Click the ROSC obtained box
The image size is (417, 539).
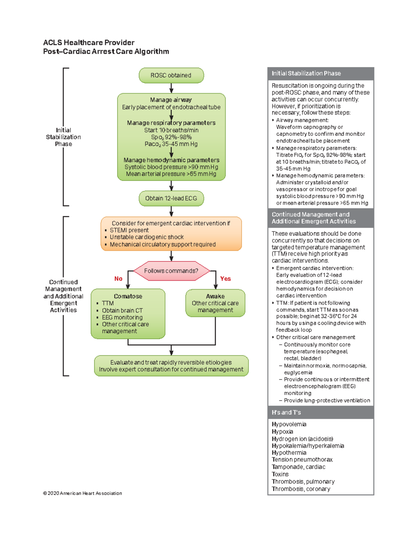tap(171, 75)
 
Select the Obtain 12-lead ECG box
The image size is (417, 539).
tap(171, 199)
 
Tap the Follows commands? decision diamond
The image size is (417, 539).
tap(171, 271)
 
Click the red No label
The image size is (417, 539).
tap(118, 279)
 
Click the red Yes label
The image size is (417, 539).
tap(225, 279)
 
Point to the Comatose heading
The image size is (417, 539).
tap(128, 296)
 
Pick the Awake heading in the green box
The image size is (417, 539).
tap(215, 296)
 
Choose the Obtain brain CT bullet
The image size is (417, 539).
tap(122, 311)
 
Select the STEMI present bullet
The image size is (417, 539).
tap(129, 230)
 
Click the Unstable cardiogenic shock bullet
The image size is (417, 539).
tap(146, 237)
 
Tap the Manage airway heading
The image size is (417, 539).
tap(171, 100)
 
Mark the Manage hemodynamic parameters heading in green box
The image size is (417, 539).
tap(171, 160)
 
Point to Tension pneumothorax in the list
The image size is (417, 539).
tap(302, 460)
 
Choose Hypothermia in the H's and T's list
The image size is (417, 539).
tap(289, 453)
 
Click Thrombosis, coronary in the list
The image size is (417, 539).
tap(301, 489)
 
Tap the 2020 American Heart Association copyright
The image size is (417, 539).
tap(82, 493)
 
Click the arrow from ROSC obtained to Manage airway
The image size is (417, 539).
tap(171, 88)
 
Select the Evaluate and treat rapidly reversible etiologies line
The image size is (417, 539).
tap(171, 362)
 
